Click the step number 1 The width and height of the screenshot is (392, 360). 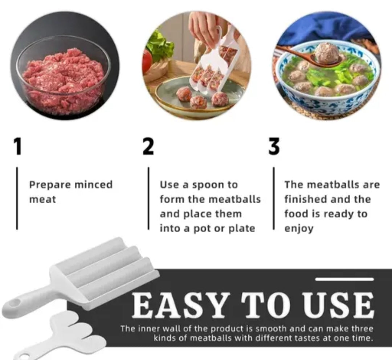(x=17, y=147)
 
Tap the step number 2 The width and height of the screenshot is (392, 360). (x=148, y=147)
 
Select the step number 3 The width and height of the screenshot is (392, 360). (x=274, y=147)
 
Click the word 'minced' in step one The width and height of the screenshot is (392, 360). (x=94, y=185)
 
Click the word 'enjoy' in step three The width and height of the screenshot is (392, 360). (x=299, y=229)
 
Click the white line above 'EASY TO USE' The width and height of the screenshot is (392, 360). (x=344, y=279)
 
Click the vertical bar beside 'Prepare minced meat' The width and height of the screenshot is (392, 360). (x=17, y=198)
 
